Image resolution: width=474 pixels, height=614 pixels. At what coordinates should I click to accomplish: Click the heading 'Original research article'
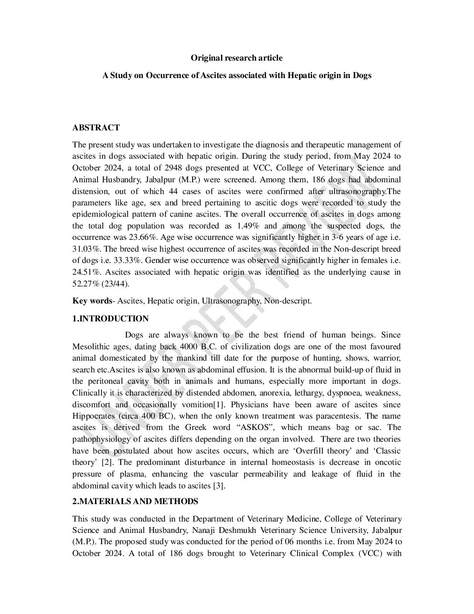pos(237,58)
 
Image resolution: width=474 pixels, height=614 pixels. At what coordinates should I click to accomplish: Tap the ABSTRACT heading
pos(96,127)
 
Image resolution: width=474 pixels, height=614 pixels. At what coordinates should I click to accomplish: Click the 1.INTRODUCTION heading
pos(110,318)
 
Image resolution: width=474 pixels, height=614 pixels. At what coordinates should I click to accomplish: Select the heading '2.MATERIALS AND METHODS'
pos(135,501)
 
